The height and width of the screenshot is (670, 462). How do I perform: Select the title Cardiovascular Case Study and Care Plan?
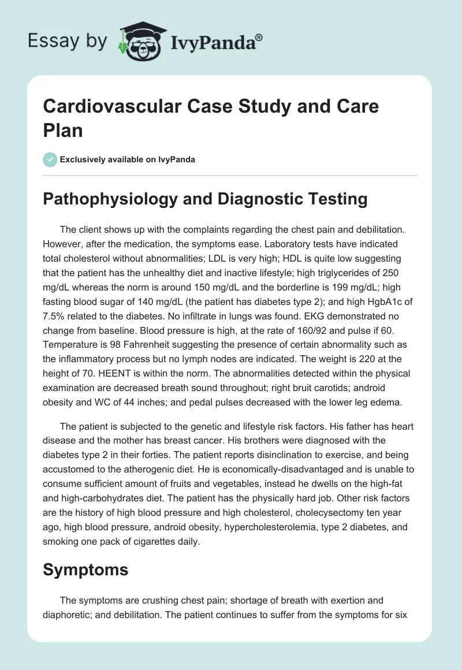pos(211,118)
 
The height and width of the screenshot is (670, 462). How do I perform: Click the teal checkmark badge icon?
pos(50,159)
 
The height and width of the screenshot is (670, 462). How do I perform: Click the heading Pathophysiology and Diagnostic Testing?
pos(205,199)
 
